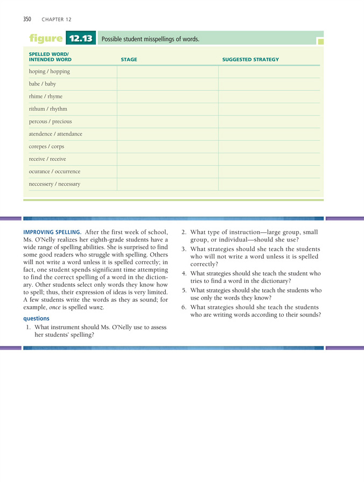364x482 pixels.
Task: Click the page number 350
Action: (x=27, y=19)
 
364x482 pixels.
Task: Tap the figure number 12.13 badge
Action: (x=80, y=39)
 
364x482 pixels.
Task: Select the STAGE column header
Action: (x=129, y=59)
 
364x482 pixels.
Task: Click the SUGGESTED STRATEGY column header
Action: (x=250, y=59)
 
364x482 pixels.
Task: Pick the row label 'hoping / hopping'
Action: (x=50, y=72)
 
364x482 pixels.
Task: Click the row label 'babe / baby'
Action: (x=43, y=84)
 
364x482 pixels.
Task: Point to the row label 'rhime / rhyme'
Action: (x=46, y=96)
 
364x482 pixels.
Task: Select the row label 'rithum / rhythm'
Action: (x=48, y=109)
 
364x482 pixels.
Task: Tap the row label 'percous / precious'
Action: (x=50, y=122)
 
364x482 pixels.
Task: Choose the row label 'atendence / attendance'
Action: (x=55, y=134)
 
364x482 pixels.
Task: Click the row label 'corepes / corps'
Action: (x=46, y=146)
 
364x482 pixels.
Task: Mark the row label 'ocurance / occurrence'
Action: (x=54, y=172)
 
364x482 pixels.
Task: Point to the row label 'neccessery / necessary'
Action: (x=54, y=184)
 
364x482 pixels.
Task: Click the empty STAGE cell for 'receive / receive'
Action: (x=167, y=159)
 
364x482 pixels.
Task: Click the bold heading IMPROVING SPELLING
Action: (x=52, y=232)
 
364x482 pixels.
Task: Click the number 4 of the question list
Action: (x=184, y=273)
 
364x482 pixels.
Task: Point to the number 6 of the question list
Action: (x=184, y=307)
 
